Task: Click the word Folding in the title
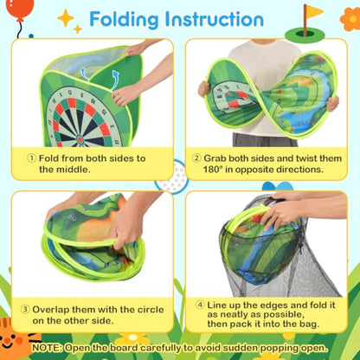[x=124, y=20]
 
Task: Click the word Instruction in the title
[x=215, y=19]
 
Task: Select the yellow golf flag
[x=313, y=11]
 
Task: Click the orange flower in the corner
[x=350, y=19]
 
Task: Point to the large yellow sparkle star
[x=66, y=17]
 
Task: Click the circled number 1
[x=32, y=158]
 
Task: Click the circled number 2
[x=196, y=158]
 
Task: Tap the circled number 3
[x=25, y=310]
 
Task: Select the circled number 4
[x=200, y=305]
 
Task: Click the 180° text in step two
[x=213, y=169]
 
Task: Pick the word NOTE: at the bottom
[x=47, y=348]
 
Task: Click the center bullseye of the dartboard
[x=80, y=139]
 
